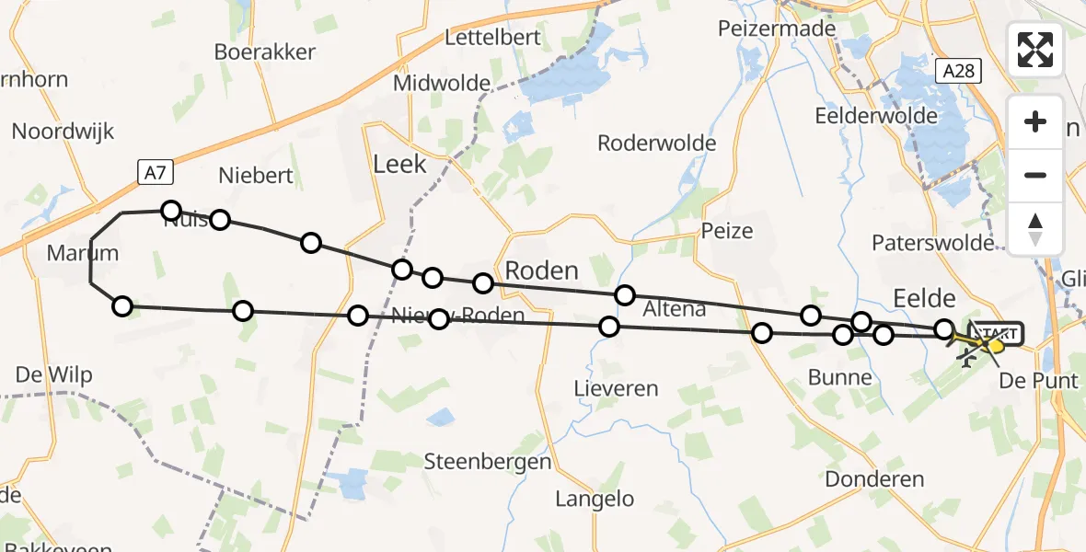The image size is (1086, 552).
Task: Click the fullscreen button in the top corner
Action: pyautogui.click(x=1035, y=50)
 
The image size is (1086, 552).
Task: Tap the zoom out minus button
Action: pyautogui.click(x=1035, y=175)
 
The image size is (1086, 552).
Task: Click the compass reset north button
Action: pyautogui.click(x=1035, y=228)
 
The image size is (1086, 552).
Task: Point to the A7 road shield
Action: pyautogui.click(x=155, y=171)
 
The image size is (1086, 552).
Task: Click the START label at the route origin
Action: pyautogui.click(x=998, y=333)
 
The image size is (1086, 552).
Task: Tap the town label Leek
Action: pyautogui.click(x=399, y=165)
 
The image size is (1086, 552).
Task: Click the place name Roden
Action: pyautogui.click(x=542, y=270)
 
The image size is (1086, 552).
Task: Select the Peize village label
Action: pyautogui.click(x=726, y=230)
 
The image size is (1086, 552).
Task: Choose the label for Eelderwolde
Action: pyautogui.click(x=876, y=116)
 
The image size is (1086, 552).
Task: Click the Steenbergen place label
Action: pyautogui.click(x=488, y=462)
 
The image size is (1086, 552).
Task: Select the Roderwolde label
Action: pyautogui.click(x=656, y=144)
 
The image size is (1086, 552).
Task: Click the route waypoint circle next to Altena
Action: pyautogui.click(x=625, y=295)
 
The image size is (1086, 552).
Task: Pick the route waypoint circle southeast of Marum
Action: pyautogui.click(x=122, y=306)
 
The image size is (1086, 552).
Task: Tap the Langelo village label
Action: pyautogui.click(x=595, y=500)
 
